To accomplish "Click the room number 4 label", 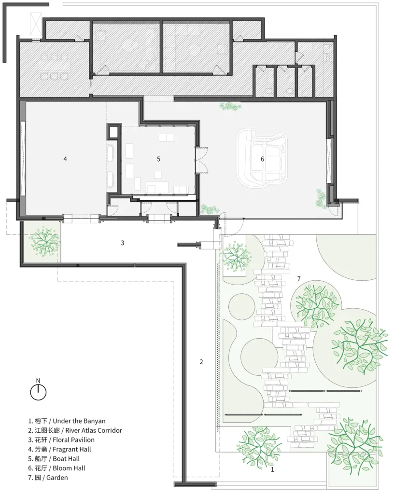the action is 65,159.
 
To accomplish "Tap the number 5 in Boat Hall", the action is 158,159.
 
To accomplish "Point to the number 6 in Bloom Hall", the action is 262,159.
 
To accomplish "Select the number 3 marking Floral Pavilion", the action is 122,243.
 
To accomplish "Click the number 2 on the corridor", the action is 201,362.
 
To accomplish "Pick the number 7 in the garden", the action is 299,279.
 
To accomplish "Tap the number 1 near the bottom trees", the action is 273,470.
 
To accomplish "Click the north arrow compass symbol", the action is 38,393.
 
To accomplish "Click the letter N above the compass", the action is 38,381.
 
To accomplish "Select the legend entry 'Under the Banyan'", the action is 67,421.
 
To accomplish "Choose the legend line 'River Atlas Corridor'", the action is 75,430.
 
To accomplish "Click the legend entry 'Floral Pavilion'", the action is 61,440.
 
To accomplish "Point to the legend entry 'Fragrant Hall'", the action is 59,449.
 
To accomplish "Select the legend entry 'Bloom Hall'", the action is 56,468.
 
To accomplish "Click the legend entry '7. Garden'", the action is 48,478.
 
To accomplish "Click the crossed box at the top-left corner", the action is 36,24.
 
